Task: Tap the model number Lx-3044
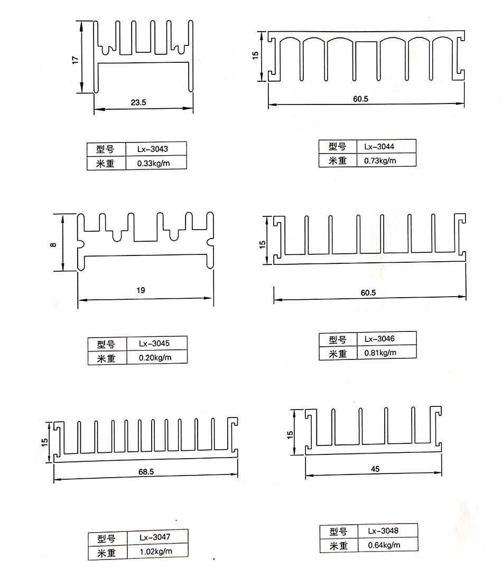coord(379,146)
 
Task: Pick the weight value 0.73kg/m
coord(379,160)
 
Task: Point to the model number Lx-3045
coord(154,344)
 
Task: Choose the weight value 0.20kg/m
coord(155,358)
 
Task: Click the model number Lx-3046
coord(379,339)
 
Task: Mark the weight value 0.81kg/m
coord(379,353)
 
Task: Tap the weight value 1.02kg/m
coord(156,552)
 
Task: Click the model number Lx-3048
coord(383,531)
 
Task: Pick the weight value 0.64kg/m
coord(383,545)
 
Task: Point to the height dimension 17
coord(75,60)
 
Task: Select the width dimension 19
coord(140,290)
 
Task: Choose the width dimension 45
coord(375,468)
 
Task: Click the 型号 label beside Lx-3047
coord(106,538)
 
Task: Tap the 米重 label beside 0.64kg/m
coord(338,546)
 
